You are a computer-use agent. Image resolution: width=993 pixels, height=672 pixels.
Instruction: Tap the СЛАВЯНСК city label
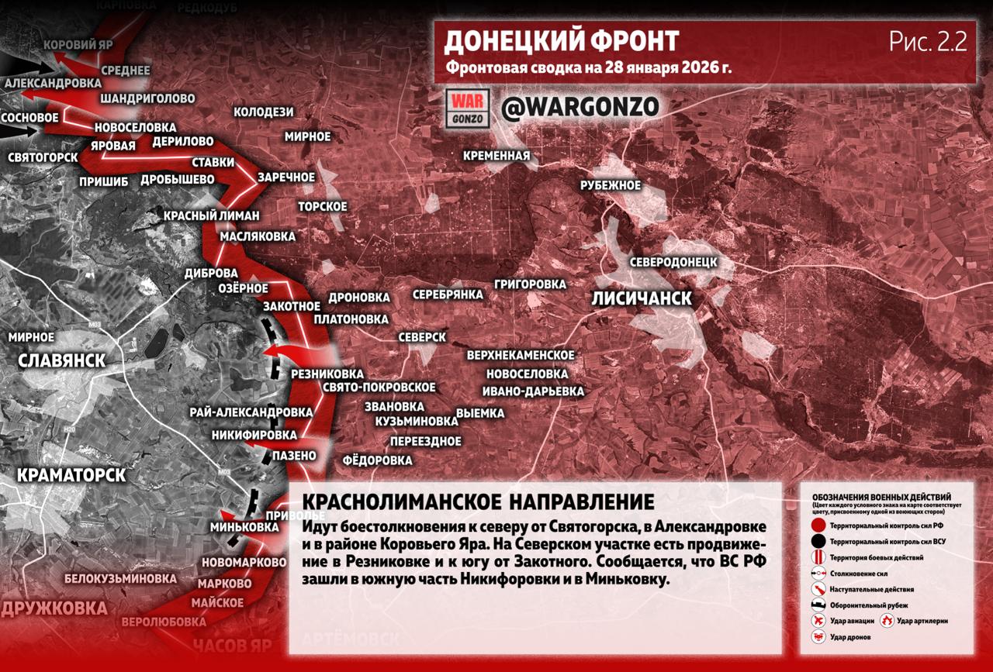61,361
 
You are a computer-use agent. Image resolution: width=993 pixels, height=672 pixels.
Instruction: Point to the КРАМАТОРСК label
71,475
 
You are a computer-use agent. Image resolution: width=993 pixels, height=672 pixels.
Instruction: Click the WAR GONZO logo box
469,109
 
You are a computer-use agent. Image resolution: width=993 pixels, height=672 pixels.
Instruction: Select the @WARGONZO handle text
580,108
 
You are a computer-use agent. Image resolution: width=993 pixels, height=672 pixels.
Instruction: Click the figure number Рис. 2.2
928,43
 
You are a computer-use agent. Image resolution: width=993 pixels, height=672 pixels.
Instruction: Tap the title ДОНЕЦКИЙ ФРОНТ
561,41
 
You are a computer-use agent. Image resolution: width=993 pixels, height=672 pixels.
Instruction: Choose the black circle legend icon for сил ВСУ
818,542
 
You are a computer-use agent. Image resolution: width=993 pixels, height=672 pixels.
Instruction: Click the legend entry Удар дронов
849,637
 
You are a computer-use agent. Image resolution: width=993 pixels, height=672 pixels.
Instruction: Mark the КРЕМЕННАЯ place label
496,156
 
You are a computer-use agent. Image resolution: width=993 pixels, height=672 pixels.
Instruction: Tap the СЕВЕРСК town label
422,338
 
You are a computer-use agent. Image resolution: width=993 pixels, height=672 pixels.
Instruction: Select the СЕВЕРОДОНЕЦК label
673,262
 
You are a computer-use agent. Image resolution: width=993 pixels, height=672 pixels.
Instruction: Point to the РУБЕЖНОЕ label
611,186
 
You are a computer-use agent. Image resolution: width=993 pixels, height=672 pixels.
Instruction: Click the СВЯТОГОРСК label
43,157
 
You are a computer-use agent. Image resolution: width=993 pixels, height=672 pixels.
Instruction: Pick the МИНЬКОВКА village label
244,527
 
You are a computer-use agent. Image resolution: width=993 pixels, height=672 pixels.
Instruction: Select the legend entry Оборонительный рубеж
870,605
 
